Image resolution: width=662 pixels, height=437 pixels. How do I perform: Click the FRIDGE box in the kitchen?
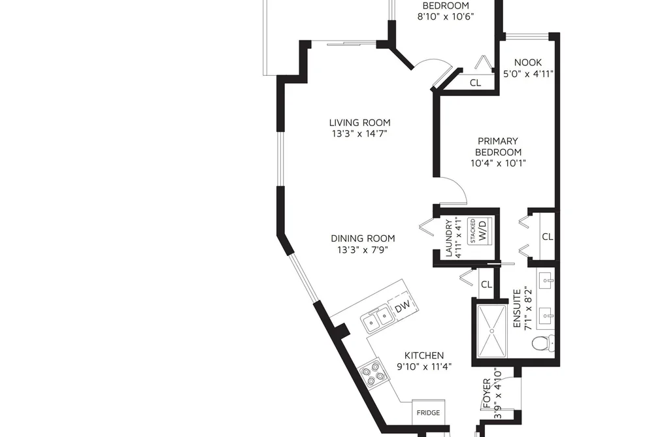428,412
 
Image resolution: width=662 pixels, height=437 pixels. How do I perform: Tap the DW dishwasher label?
403,307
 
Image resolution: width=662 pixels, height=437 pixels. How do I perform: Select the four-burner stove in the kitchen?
372,374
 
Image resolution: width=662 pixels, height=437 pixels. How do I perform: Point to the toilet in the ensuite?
543,342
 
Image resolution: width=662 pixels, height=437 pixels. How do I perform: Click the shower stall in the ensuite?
491,331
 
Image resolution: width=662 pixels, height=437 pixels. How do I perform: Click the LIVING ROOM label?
359,123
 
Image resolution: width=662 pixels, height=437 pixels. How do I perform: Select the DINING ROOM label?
363,238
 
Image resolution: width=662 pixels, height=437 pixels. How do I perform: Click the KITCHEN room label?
424,355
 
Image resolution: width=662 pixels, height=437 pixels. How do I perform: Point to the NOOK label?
528,63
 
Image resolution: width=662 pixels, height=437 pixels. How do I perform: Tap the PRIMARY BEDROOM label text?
498,146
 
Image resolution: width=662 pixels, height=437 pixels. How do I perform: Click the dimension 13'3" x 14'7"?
359,134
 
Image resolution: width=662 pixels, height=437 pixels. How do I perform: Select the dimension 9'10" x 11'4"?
424,366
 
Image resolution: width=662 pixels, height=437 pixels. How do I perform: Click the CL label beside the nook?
475,83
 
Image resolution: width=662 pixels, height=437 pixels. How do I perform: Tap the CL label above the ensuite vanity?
547,236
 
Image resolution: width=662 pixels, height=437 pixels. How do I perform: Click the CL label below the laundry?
486,285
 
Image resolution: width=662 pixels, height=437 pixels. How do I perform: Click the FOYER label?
487,393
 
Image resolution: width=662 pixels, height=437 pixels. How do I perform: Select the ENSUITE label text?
517,309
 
